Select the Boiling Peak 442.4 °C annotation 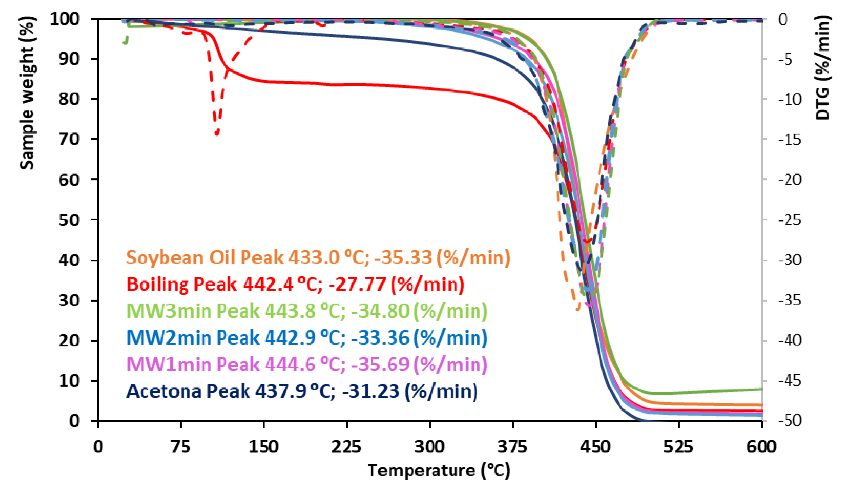click(295, 285)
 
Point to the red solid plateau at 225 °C click(346, 84)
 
